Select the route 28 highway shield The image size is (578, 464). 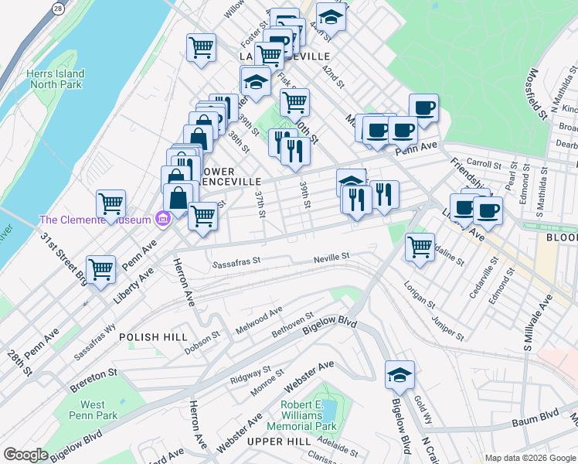pyautogui.click(x=59, y=7)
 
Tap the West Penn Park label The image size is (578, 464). pyautogui.click(x=93, y=410)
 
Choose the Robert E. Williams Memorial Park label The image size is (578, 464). pyautogui.click(x=301, y=415)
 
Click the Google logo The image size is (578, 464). pyautogui.click(x=25, y=455)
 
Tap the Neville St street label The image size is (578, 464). pyautogui.click(x=331, y=256)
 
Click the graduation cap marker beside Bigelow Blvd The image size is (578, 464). pyautogui.click(x=399, y=374)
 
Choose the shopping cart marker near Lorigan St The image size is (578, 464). pyautogui.click(x=420, y=247)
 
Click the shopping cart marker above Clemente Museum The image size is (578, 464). pyautogui.click(x=111, y=204)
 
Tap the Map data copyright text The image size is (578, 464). pyautogui.click(x=529, y=458)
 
